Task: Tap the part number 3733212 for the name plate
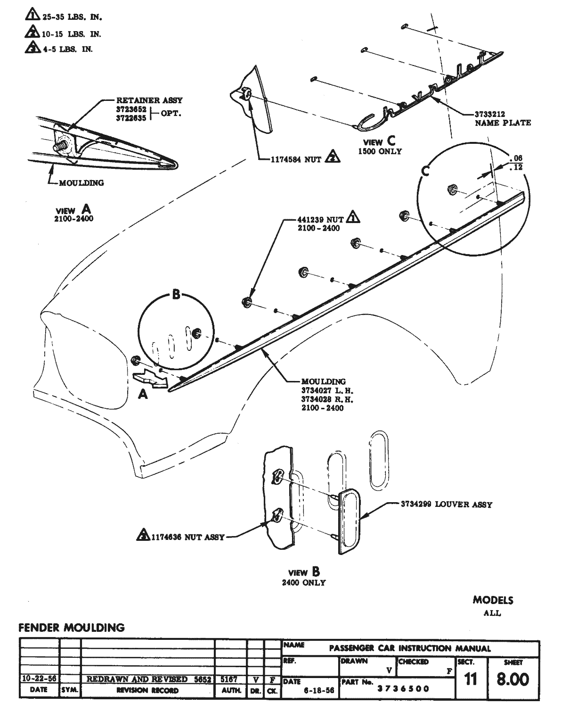pyautogui.click(x=490, y=114)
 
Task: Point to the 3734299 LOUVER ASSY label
pyautogui.click(x=446, y=505)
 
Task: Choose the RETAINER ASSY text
pyautogui.click(x=149, y=100)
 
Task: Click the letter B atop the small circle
pyautogui.click(x=176, y=295)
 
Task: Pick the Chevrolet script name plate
pyautogui.click(x=424, y=92)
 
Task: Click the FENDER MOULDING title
pyautogui.click(x=72, y=628)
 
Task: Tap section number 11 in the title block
pyautogui.click(x=470, y=679)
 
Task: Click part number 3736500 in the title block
pyautogui.click(x=403, y=688)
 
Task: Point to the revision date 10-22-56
pyautogui.click(x=39, y=679)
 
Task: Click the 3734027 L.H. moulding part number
pyautogui.click(x=327, y=390)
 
